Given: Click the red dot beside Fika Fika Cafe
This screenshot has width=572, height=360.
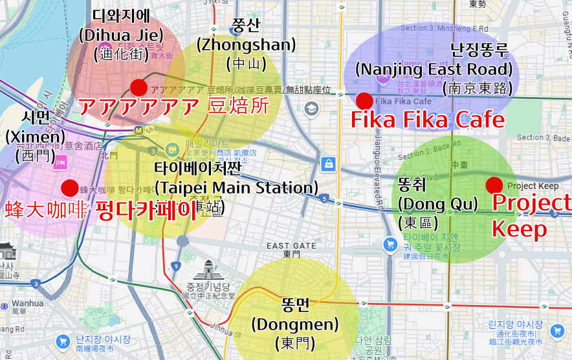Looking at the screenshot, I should [x=364, y=100].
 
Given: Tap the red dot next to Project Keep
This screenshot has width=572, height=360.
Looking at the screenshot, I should [x=494, y=185].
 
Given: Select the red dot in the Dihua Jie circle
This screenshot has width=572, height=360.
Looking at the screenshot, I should [x=138, y=87].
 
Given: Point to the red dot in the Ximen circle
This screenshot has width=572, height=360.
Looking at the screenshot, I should [x=69, y=188].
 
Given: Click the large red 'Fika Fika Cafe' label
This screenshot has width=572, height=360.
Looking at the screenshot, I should [x=427, y=120].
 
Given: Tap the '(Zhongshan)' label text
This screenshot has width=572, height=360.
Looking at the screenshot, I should [x=246, y=45].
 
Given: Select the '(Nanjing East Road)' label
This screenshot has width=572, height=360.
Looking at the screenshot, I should [x=434, y=69].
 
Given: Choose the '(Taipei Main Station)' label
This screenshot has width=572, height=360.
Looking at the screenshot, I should [x=236, y=188].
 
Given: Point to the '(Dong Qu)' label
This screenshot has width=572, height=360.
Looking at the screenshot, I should [x=437, y=204].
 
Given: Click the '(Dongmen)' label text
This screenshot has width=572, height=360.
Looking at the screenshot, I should [x=294, y=324].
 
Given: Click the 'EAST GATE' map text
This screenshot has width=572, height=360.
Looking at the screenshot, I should [x=291, y=246].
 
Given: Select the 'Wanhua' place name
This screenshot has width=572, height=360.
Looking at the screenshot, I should [x=27, y=302].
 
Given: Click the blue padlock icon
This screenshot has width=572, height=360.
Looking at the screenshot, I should [x=329, y=164].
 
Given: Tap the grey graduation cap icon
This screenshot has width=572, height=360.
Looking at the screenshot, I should [x=312, y=108].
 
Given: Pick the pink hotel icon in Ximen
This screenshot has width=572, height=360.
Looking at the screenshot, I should [x=62, y=161].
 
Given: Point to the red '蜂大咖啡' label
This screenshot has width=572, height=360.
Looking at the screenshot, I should [x=46, y=210].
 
